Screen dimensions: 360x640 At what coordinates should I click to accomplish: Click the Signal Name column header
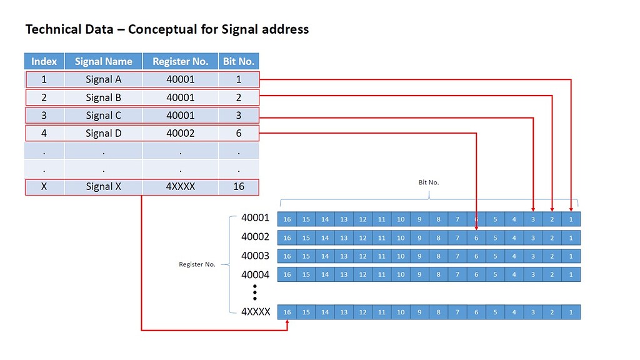coord(103,61)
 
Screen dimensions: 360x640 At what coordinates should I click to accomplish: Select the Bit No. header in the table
coord(238,61)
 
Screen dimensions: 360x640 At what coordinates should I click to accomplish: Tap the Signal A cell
coord(103,79)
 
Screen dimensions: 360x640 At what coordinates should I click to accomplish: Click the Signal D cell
coord(103,133)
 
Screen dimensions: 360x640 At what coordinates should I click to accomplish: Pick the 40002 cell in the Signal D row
coord(180,133)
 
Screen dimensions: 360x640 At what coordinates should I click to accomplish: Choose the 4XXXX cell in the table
coord(180,186)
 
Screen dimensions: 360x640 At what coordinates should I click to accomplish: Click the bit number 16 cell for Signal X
coord(238,186)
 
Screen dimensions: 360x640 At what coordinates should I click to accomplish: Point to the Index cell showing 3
coord(44,115)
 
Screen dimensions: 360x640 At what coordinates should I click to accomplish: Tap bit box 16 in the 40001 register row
coord(287,219)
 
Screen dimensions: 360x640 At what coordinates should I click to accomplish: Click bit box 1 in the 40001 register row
coord(571,219)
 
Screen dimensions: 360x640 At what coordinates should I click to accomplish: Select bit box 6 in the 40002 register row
coord(476,237)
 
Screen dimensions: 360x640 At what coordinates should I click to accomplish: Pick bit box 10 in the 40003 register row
coord(401,256)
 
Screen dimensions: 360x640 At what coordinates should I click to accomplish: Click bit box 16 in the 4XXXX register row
coord(287,311)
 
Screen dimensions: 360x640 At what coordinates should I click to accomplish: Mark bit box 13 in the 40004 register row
coord(344,274)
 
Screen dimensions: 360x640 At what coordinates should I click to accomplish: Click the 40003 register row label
coord(255,256)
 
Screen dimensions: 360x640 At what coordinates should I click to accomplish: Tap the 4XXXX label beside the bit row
coord(255,311)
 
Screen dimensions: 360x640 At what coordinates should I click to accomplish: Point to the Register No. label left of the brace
coord(197,264)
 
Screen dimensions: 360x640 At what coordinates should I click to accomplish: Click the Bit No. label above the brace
coord(429,182)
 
